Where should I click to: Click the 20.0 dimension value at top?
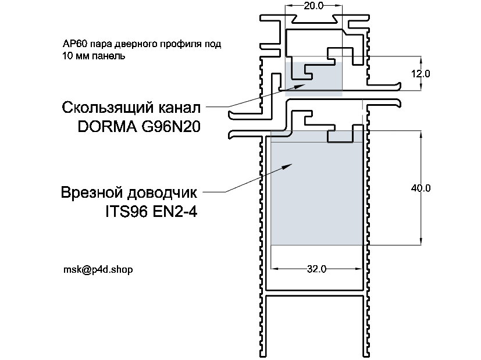pyautogui.click(x=313, y=6)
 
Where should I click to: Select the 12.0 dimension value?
pyautogui.click(x=419, y=74)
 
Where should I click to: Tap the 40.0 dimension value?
pyautogui.click(x=419, y=188)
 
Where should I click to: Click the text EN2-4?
pyautogui.click(x=176, y=211)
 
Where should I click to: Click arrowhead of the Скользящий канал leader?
pyautogui.click(x=302, y=85)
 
